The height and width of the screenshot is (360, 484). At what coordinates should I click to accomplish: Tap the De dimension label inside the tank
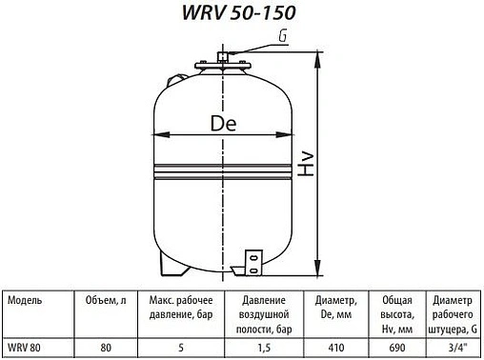(220, 125)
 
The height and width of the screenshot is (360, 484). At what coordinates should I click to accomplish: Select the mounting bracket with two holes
(252, 260)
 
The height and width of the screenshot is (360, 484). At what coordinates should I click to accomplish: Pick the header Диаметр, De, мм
(333, 306)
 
